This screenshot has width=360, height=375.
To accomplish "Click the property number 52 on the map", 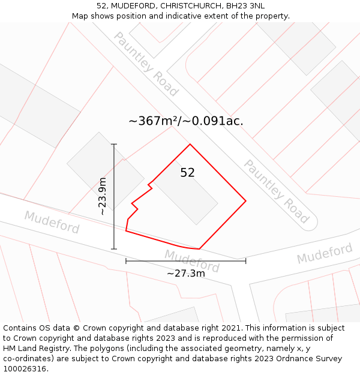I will tap(187, 173).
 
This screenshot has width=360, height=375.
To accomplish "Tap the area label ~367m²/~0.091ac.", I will tap(186, 121).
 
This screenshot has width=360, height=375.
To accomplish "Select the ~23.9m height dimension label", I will tap(103, 196).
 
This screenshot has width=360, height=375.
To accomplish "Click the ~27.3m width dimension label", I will tap(186, 274).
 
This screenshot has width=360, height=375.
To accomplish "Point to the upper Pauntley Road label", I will tap(146, 64).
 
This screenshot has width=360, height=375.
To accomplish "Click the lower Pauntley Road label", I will tap(276, 191).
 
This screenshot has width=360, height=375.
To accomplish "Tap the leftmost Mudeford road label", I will tap(52, 223).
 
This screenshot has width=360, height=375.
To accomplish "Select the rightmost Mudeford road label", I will tap(325, 253).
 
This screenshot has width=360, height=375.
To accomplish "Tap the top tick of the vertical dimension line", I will tap(114, 144).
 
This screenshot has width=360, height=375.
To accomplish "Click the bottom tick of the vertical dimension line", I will tap(114, 249).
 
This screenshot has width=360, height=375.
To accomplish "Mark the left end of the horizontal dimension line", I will tap(126, 261).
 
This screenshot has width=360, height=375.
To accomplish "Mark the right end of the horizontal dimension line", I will tap(245, 261).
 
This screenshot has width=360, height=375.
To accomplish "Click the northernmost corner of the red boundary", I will tap(190, 144).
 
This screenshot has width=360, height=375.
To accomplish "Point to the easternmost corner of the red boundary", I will tap(246, 200).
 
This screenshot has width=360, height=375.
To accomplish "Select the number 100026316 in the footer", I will tap(25, 369).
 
